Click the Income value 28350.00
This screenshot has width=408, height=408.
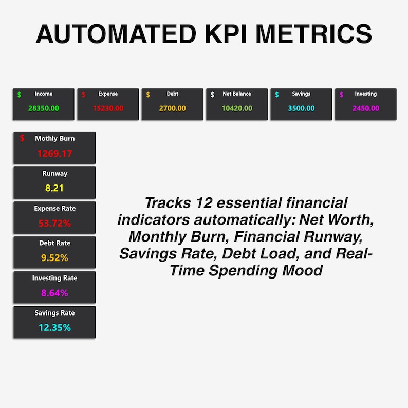(44, 108)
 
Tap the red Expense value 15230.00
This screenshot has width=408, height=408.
(108, 108)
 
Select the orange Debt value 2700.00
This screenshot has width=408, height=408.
(173, 108)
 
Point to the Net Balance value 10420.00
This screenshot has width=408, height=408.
(237, 108)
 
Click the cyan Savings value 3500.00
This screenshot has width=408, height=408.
(301, 108)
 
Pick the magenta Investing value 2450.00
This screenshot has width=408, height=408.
(366, 108)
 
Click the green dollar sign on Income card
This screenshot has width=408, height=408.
(19, 95)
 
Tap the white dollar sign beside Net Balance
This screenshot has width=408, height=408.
(213, 95)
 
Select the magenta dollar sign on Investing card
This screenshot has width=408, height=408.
(342, 95)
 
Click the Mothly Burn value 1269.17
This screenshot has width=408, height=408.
(54, 153)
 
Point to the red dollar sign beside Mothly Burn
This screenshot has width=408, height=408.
(22, 138)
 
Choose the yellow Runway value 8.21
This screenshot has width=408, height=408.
(54, 188)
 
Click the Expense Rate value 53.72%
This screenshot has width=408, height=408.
(54, 223)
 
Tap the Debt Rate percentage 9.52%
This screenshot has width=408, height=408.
(54, 258)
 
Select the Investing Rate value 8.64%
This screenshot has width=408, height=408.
(54, 293)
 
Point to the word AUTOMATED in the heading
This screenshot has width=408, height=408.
(116, 34)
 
